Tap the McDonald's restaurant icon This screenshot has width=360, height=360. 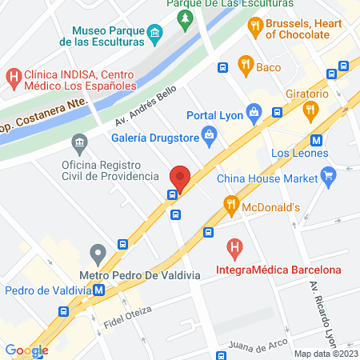click(232, 206)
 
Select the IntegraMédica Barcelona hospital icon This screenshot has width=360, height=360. click(234, 249)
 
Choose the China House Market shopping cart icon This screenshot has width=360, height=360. click(327, 174)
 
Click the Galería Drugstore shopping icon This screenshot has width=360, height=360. click(209, 134)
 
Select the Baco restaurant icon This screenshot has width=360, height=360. click(246, 66)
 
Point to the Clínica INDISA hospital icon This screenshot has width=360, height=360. click(13, 77)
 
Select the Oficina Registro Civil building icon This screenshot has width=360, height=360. click(79, 145)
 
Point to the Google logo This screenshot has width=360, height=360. click(26, 350)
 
